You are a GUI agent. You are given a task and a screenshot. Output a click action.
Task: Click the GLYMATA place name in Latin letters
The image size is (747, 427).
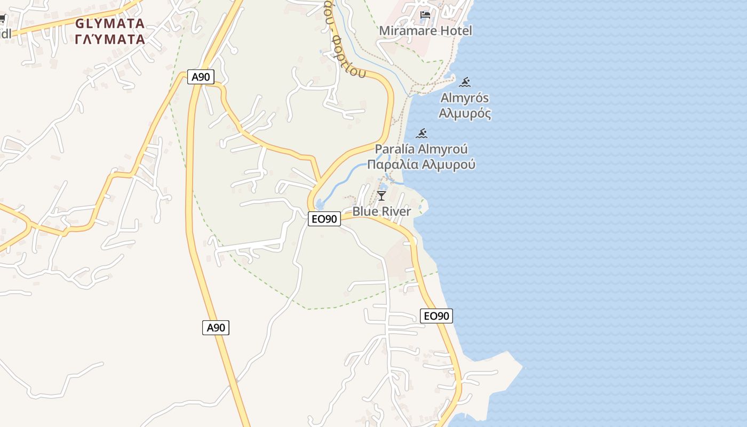coord(110,23)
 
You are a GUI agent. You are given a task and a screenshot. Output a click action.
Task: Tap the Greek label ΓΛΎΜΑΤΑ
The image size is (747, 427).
coord(110,39)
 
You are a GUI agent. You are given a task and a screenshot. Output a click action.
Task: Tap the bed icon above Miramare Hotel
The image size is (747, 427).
coord(425,15)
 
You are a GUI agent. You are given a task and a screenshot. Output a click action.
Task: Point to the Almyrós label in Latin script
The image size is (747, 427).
coord(464,98)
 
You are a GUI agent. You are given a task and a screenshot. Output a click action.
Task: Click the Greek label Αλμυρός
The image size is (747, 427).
coord(464,113)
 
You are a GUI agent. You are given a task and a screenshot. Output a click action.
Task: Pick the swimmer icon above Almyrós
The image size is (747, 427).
coord(465,82)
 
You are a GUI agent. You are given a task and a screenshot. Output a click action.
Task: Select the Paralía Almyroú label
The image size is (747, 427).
coord(421,149)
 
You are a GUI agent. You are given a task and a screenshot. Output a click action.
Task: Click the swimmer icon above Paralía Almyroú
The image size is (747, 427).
coord(422,133)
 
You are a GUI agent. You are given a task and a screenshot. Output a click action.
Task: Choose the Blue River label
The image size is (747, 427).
coord(382,211)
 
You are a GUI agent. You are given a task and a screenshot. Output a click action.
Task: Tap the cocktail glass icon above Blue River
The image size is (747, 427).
coord(381,196)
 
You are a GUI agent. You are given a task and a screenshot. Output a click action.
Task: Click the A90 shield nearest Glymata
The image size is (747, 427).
coord(201,77)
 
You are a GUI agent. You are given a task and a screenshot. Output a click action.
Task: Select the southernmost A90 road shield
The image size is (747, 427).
coord(216,327)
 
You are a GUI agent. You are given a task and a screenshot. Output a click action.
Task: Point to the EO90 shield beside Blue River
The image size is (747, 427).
coord(324,219)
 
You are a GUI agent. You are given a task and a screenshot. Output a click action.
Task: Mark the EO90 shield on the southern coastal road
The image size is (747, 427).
coord(436,316)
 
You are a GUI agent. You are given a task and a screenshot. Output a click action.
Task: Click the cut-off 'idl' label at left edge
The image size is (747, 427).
coord(5,34)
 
